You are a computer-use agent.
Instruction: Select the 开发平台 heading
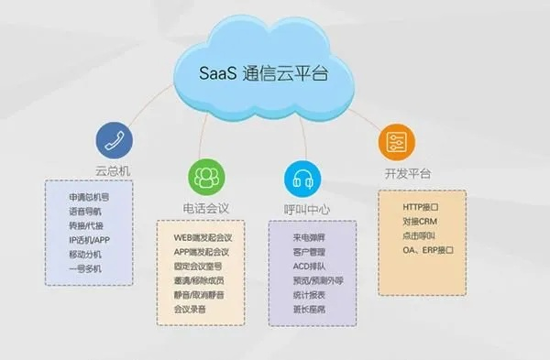pos(401,173)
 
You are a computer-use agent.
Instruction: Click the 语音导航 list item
pos(86,211)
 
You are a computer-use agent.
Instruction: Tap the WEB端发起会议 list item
pos(203,237)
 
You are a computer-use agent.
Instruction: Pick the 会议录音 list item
pos(192,309)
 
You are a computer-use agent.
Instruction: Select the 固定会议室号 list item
pos(198,266)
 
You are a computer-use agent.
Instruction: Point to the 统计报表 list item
pos(297,295)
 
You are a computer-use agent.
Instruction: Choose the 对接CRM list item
pos(420,221)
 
